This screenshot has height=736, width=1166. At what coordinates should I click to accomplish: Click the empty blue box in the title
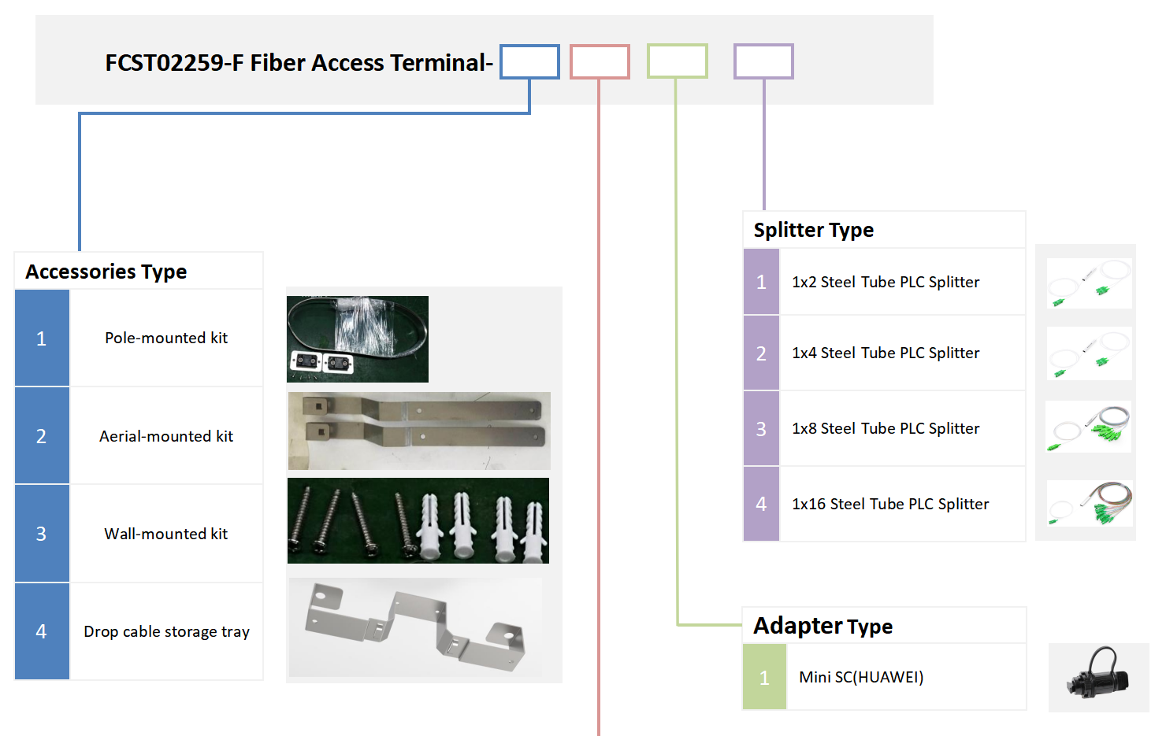[529, 61]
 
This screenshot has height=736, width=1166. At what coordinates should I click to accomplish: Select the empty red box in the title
[600, 61]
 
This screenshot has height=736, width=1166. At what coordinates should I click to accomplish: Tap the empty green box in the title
[677, 61]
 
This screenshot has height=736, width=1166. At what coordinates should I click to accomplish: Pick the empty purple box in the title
[763, 61]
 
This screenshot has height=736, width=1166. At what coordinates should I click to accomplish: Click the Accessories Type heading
[106, 272]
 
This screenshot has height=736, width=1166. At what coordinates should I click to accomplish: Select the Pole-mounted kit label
[166, 338]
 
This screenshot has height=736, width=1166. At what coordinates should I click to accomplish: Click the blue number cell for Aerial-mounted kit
[42, 436]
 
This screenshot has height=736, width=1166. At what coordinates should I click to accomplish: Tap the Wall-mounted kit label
[166, 534]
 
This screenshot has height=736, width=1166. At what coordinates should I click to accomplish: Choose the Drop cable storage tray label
[166, 631]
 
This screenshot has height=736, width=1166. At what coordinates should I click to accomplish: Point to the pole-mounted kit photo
[358, 339]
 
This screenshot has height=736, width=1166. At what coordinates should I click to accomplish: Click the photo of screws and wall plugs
[418, 520]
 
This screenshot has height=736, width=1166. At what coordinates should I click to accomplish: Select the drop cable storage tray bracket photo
[415, 627]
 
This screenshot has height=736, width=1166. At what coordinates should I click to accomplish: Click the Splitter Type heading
[814, 230]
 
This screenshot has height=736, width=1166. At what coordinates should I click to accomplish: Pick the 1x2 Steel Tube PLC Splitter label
[886, 282]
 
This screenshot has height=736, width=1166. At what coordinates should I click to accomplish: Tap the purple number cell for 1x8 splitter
[761, 428]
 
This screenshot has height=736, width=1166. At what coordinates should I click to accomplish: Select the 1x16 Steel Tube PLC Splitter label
[890, 504]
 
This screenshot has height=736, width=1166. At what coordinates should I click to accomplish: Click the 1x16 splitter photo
[1090, 504]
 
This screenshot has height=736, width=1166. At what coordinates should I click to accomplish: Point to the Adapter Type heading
[823, 626]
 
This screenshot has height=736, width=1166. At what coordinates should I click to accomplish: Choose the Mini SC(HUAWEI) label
[861, 677]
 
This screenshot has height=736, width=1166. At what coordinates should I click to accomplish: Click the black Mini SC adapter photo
[1098, 676]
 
